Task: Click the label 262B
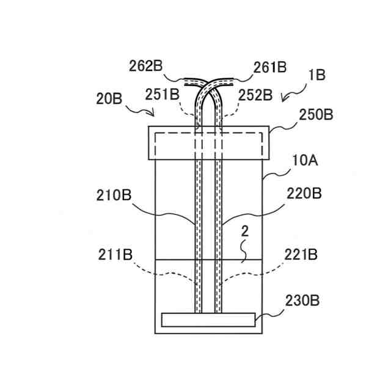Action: click(x=146, y=66)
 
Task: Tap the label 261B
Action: click(x=270, y=67)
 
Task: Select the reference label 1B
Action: click(x=317, y=75)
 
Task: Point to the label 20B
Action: click(x=109, y=99)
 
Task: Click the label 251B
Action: click(x=163, y=95)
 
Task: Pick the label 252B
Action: click(x=255, y=95)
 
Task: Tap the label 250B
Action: click(x=316, y=115)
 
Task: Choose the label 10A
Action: click(x=305, y=160)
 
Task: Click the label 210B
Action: click(x=114, y=195)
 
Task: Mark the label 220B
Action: click(x=304, y=194)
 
